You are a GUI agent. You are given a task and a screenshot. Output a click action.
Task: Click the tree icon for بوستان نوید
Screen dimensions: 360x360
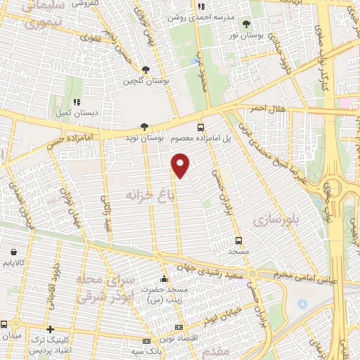[x=145, y=127]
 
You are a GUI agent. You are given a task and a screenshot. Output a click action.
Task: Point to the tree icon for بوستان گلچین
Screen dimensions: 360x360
[x=145, y=70]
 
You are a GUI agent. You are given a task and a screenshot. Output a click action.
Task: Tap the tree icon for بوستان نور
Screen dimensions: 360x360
[x=246, y=24]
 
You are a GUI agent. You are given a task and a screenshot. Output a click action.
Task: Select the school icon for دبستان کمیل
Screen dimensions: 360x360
[x=77, y=102]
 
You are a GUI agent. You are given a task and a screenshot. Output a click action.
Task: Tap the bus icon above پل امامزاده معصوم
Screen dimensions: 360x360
[x=201, y=127]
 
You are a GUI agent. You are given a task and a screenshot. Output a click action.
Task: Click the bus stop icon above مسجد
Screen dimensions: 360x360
[x=239, y=240]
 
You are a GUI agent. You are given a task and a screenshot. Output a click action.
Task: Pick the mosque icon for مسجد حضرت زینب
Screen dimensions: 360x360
[x=164, y=280]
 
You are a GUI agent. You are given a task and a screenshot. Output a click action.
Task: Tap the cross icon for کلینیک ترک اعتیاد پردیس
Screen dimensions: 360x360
[x=50, y=329]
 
